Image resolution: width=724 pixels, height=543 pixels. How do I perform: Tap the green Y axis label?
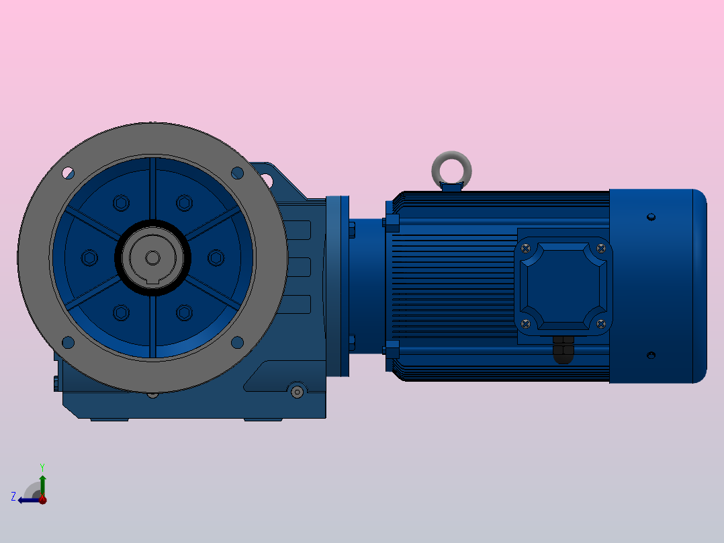pos(42,467)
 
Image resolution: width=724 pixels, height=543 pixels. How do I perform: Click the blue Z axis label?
pos(13,497)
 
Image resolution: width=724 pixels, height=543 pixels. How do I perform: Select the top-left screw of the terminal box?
pos(525,249)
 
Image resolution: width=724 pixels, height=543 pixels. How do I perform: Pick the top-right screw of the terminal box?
pos(600,249)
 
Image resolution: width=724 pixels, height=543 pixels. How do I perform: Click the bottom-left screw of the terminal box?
pos(525,324)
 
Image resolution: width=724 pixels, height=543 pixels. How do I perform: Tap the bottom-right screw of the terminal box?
pos(600,324)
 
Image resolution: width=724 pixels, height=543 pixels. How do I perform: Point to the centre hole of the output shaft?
pos(153,258)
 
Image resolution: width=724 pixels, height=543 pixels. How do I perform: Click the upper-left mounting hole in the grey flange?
pos(68,173)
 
